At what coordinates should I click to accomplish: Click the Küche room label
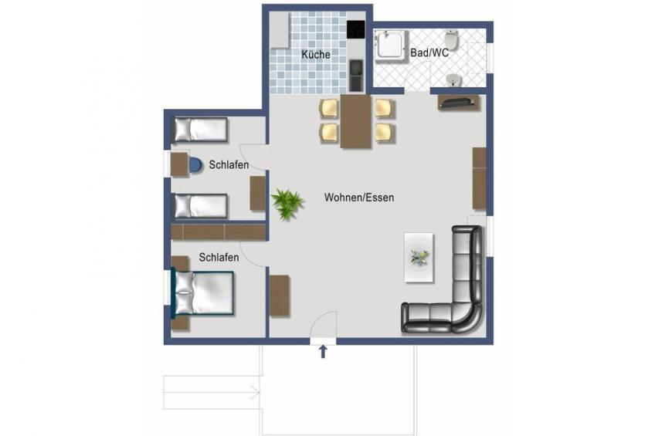[316, 55]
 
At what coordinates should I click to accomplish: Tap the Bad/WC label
[429, 52]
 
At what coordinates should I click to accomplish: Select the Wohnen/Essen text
[359, 198]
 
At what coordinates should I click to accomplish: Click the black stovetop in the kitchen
[355, 30]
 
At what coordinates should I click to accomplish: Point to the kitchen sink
[356, 75]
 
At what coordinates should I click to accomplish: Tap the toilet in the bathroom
[451, 40]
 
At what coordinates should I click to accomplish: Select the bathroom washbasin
[452, 79]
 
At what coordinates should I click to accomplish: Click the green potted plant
[287, 204]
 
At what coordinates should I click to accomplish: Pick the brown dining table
[355, 121]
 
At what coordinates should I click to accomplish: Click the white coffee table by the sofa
[419, 257]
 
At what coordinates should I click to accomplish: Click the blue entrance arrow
[323, 352]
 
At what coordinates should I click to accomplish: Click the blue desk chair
[195, 165]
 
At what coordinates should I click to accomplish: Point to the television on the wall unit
[457, 102]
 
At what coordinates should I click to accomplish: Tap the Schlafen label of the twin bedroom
[229, 165]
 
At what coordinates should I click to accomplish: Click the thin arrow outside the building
[212, 392]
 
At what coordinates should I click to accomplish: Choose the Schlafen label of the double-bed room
[219, 258]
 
